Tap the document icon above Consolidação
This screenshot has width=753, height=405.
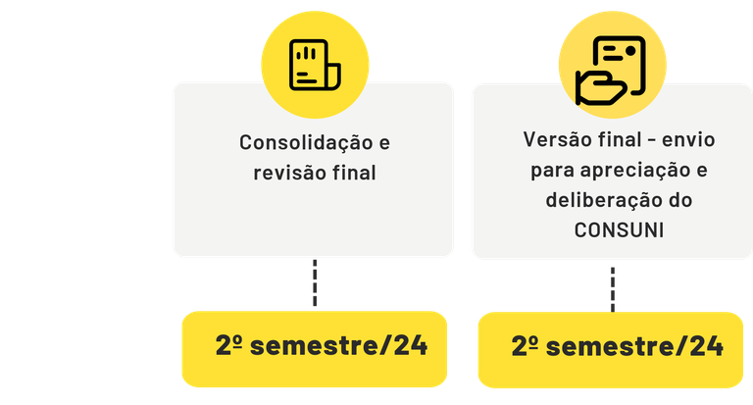pyautogui.click(x=314, y=63)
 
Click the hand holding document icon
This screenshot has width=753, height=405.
pyautogui.click(x=610, y=68)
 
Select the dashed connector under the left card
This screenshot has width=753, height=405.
pyautogui.click(x=314, y=284)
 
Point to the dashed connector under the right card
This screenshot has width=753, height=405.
pyautogui.click(x=611, y=286)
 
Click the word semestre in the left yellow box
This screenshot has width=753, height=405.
pyautogui.click(x=312, y=346)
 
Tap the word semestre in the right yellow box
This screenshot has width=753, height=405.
pyautogui.click(x=609, y=347)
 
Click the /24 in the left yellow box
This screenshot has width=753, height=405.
pyautogui.click(x=403, y=346)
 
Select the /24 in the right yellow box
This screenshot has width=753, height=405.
pyautogui.click(x=699, y=347)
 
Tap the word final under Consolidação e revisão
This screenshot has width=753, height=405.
pyautogui.click(x=355, y=174)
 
